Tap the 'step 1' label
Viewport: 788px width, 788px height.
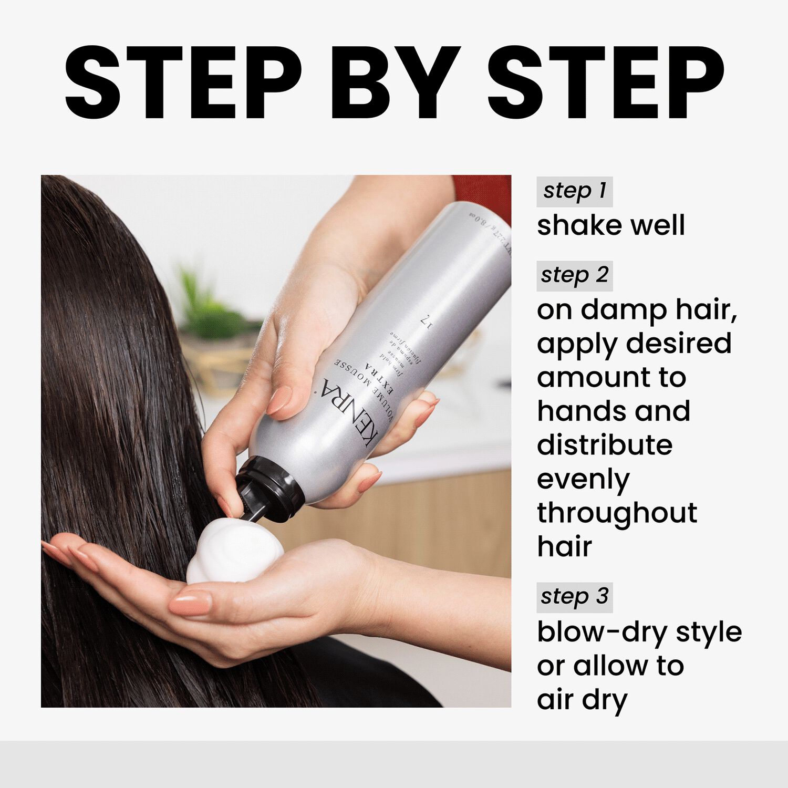[x=574, y=191]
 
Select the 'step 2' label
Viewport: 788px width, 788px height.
[x=574, y=275]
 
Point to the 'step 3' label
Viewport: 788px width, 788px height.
[x=574, y=597]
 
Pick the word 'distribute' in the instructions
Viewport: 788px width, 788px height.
[x=604, y=445]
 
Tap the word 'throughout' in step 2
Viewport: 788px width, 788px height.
[x=617, y=513]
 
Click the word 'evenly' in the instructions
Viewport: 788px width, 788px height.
[x=583, y=480]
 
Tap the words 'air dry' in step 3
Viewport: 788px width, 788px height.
[x=582, y=700]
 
